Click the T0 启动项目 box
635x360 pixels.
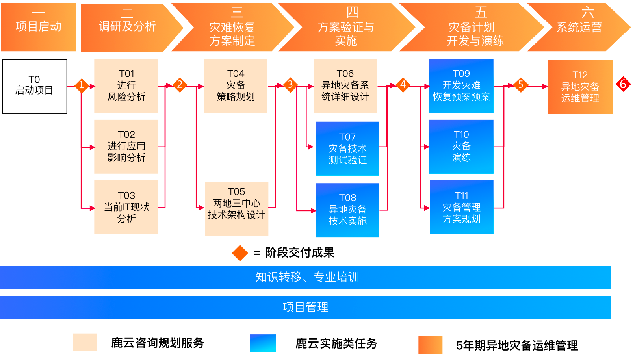click(35, 86)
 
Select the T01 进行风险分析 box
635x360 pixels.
click(126, 86)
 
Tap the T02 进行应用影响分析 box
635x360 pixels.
click(126, 147)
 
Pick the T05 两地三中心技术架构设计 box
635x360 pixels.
click(236, 209)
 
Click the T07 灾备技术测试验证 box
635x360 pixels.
click(347, 148)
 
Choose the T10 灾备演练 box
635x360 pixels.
click(461, 147)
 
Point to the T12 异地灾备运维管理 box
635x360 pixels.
click(580, 87)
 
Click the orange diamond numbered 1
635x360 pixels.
click(81, 85)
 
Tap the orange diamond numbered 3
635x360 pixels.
click(290, 85)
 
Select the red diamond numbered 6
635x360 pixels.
click(623, 84)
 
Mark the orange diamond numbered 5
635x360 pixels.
click(520, 85)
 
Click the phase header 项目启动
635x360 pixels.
click(38, 27)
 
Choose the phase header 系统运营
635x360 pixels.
click(579, 27)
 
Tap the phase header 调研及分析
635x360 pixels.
click(127, 27)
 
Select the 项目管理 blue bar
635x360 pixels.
click(305, 307)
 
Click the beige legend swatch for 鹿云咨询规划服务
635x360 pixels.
click(85, 342)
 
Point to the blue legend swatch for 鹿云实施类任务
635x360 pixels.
click(263, 343)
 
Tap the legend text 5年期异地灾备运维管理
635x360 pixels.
click(517, 345)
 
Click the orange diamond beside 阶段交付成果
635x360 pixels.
click(240, 253)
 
